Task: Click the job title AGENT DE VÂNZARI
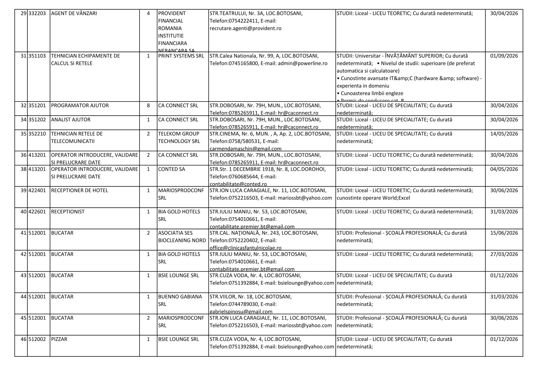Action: (74, 13)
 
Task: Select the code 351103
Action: (37, 56)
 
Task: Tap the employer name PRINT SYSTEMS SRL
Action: (181, 56)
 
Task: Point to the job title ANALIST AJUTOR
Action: (71, 120)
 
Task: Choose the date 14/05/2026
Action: (504, 134)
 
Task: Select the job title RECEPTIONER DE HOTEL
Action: (79, 190)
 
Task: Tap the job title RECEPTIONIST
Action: (68, 212)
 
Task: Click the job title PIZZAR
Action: (59, 339)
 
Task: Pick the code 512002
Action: (37, 339)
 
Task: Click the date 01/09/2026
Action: (504, 56)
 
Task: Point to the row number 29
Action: (23, 13)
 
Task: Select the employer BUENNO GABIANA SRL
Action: (180, 300)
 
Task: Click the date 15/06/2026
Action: (504, 233)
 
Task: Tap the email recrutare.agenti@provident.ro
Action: (245, 28)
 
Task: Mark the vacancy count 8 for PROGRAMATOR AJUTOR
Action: (148, 105)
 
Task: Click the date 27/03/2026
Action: (504, 254)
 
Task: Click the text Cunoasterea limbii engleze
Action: (372, 93)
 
